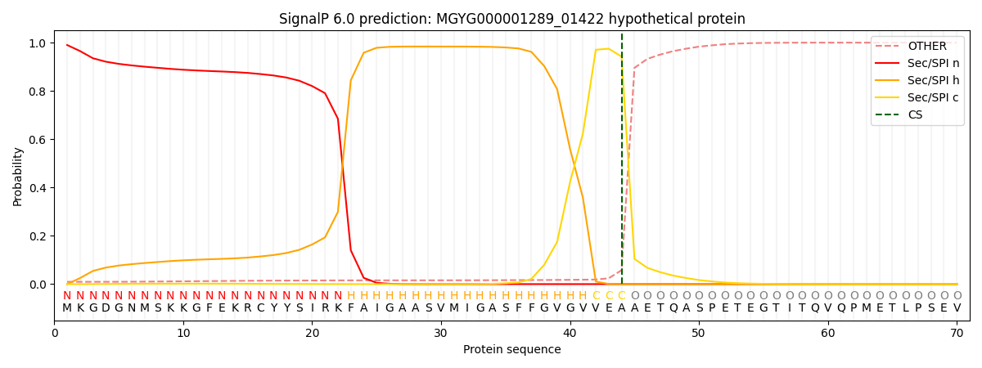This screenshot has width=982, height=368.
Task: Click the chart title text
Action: click(511, 19)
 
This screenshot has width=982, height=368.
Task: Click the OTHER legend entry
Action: click(926, 47)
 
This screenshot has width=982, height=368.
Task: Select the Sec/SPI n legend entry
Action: click(934, 64)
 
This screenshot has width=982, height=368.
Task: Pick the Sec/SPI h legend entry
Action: click(934, 80)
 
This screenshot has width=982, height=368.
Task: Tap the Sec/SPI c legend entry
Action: click(934, 97)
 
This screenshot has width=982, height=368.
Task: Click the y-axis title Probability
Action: click(18, 176)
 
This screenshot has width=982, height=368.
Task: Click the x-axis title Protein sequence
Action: click(511, 350)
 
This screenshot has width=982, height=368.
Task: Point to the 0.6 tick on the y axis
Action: click(38, 140)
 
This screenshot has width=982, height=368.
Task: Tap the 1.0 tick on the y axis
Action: click(38, 43)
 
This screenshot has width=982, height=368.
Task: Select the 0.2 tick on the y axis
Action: click(38, 236)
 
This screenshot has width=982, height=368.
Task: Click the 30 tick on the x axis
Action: click(441, 334)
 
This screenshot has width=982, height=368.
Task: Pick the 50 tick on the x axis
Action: click(699, 334)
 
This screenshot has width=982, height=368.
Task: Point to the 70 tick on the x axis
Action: click(957, 334)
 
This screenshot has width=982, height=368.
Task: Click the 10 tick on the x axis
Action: click(183, 334)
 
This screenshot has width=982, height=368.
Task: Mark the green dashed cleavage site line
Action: click(622, 164)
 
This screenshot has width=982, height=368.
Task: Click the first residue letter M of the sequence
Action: click(67, 308)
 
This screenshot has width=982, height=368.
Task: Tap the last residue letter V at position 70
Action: click(957, 308)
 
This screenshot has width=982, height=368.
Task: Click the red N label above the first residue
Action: click(67, 295)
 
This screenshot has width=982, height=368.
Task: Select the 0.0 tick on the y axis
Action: click(38, 285)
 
